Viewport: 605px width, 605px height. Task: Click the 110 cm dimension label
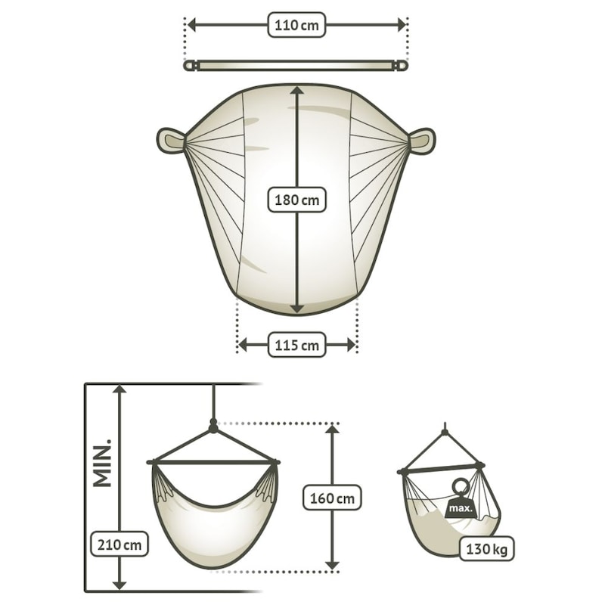[296, 25]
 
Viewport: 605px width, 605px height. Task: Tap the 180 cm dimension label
[296, 200]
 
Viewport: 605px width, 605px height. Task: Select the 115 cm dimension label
[296, 345]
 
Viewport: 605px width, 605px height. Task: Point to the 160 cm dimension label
[332, 498]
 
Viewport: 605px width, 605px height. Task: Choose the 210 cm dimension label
[119, 544]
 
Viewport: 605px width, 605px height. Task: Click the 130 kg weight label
[486, 548]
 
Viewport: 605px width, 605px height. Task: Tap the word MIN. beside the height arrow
[103, 462]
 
